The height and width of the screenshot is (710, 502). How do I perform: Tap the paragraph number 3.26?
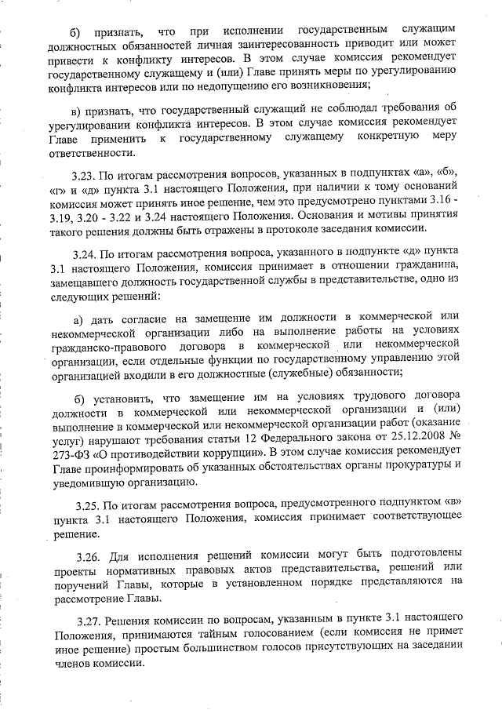pyautogui.click(x=89, y=556)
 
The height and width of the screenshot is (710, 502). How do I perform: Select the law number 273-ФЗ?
pyautogui.click(x=72, y=454)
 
